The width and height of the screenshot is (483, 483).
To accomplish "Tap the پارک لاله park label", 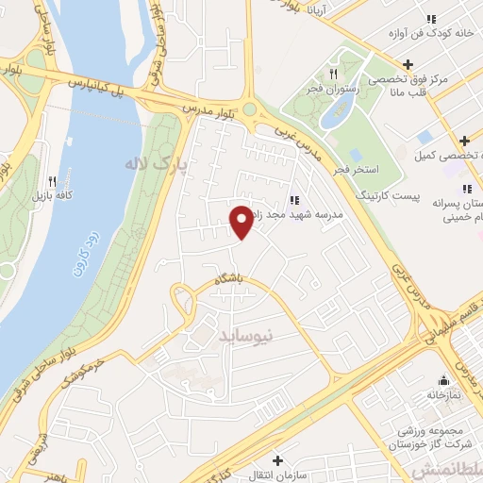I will click(156, 164).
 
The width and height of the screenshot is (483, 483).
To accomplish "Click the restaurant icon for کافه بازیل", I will click(52, 181).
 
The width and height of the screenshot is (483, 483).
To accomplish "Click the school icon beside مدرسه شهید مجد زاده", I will click(294, 199).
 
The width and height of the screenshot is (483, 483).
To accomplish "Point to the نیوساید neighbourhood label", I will click(244, 334).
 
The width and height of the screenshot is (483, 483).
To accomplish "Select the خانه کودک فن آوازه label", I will click(430, 34).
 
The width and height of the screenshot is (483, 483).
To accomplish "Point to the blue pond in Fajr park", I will click(337, 113).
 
